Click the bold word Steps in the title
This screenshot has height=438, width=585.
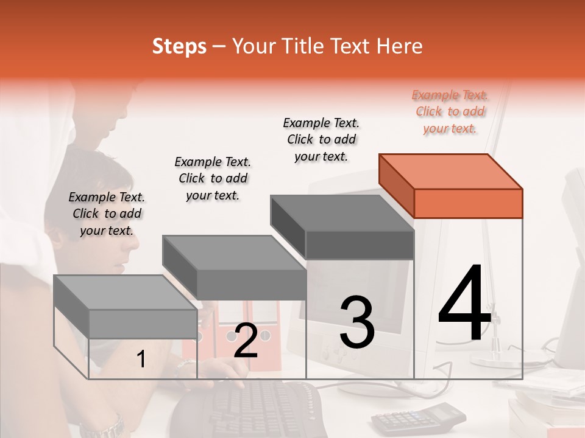[x=179, y=46]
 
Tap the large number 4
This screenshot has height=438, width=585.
[x=464, y=305]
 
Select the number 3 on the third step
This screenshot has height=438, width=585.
[x=356, y=323]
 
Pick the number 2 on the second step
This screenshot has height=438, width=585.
[x=246, y=341]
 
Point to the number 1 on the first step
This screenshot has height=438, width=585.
[x=141, y=360]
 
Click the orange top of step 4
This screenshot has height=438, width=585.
[x=450, y=171]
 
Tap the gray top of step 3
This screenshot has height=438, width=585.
[x=341, y=214]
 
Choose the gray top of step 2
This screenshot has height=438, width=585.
[x=233, y=252]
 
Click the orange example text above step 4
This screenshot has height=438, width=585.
[x=450, y=111]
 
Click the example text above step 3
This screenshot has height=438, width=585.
[x=321, y=139]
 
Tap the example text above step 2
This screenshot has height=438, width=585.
[x=213, y=178]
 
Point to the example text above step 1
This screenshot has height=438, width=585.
[x=107, y=214]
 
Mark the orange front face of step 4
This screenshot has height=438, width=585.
[x=468, y=203]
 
